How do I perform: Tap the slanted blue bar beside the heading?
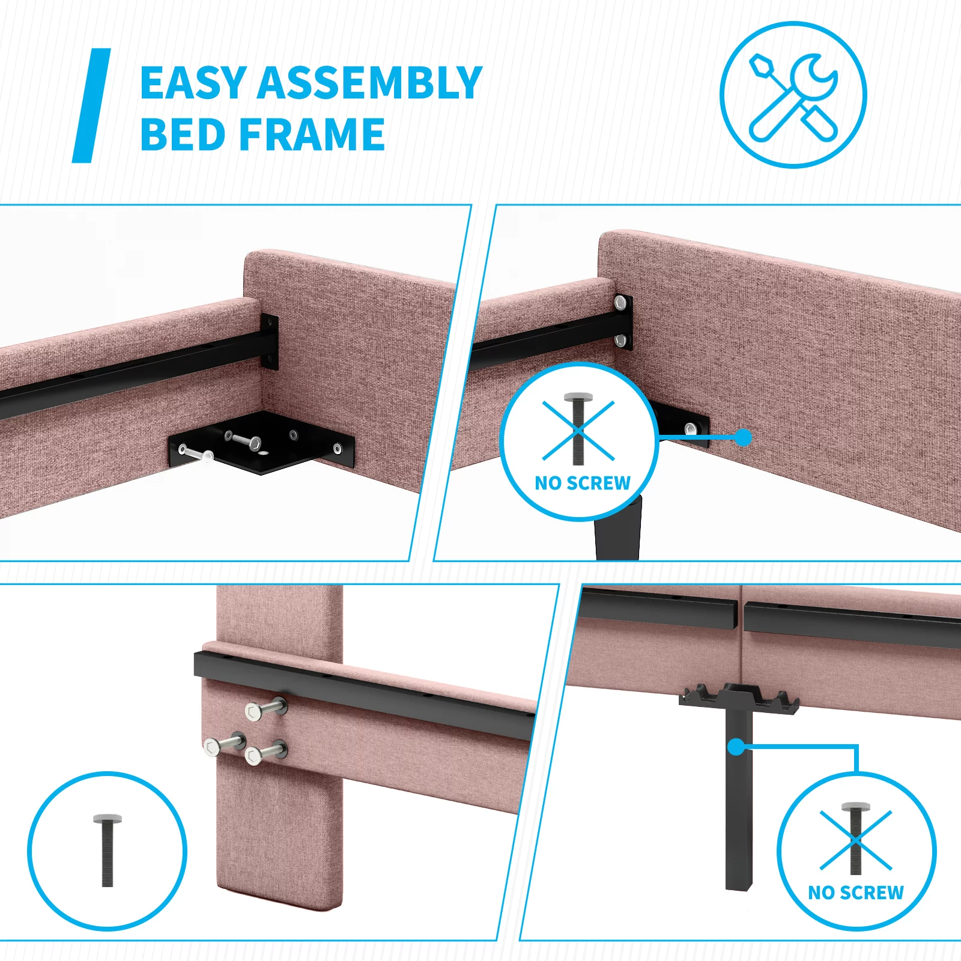click(91, 105)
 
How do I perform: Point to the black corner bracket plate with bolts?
click(262, 443)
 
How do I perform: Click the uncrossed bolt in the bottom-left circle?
click(108, 850)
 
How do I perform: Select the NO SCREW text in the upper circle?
click(583, 483)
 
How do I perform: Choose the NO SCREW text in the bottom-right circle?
click(856, 893)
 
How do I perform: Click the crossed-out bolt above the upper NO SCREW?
click(578, 428)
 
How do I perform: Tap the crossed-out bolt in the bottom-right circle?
click(855, 838)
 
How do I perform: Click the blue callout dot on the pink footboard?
click(744, 437)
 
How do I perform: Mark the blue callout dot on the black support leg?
click(736, 747)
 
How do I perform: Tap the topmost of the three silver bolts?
click(266, 709)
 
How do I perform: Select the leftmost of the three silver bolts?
click(225, 744)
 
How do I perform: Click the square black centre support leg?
click(739, 799)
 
